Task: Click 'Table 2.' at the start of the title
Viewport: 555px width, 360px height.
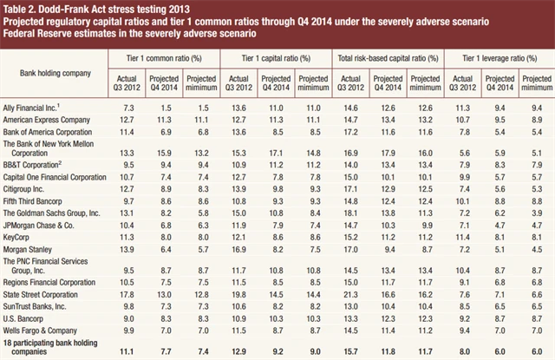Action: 21,7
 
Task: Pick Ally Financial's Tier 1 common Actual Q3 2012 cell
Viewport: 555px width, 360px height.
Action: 126,105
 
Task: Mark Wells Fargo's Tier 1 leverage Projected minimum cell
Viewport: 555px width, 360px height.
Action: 537,330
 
